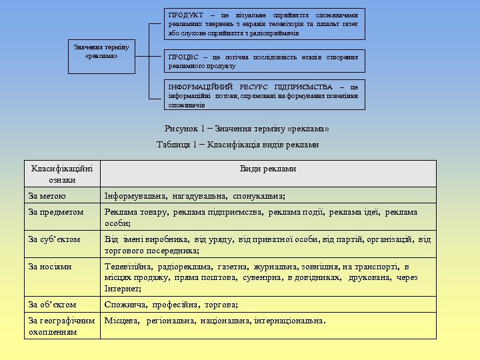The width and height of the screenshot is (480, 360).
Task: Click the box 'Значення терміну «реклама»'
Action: click(x=101, y=51)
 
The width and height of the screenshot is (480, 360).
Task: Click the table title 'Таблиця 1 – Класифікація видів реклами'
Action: click(x=237, y=145)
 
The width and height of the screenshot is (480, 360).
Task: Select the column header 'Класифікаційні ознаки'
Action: click(x=62, y=174)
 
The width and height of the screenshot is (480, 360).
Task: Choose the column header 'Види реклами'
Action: click(x=268, y=169)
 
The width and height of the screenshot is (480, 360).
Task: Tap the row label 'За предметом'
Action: click(x=56, y=213)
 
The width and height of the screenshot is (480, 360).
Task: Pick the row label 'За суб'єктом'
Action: click(x=55, y=239)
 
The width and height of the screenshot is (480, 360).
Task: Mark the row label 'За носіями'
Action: click(x=50, y=267)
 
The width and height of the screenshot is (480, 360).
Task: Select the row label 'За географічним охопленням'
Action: click(x=62, y=326)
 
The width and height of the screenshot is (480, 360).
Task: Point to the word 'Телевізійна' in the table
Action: click(x=128, y=267)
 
